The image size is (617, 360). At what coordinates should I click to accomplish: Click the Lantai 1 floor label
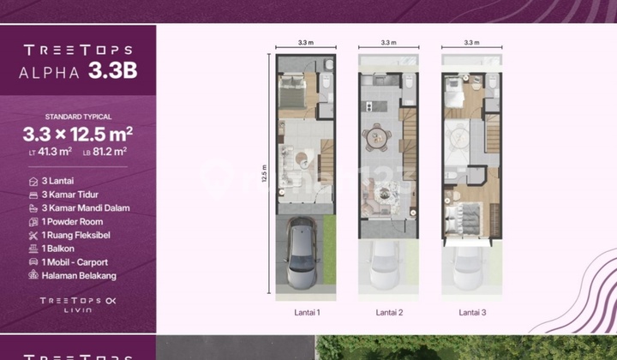click(305, 313)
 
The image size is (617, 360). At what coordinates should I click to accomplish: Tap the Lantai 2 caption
click(389, 313)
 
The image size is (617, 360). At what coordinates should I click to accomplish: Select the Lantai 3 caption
click(472, 313)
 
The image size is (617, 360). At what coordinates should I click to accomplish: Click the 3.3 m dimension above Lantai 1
click(305, 41)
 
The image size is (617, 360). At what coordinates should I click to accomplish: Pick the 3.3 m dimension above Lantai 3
click(472, 41)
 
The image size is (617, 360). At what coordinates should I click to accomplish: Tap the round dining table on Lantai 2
click(378, 137)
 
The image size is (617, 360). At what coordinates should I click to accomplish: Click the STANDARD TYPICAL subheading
click(78, 117)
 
